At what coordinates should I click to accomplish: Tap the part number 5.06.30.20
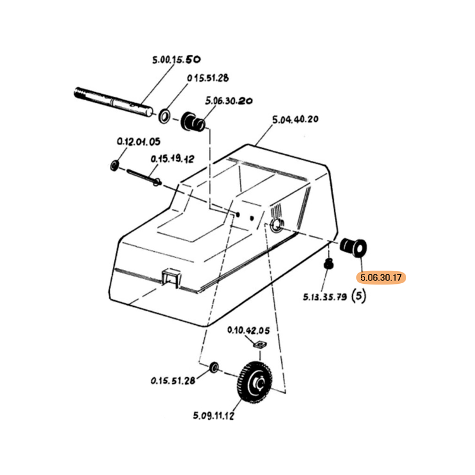pyautogui.click(x=229, y=101)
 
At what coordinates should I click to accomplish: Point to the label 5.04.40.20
pyautogui.click(x=295, y=119)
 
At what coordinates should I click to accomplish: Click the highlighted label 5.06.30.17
pyautogui.click(x=380, y=277)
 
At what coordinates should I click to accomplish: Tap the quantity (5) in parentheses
pyautogui.click(x=359, y=295)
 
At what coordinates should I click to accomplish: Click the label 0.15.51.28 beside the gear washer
pyautogui.click(x=173, y=381)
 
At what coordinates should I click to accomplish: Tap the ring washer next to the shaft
pyautogui.click(x=164, y=114)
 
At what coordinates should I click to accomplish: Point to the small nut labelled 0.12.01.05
pyautogui.click(x=115, y=163)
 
